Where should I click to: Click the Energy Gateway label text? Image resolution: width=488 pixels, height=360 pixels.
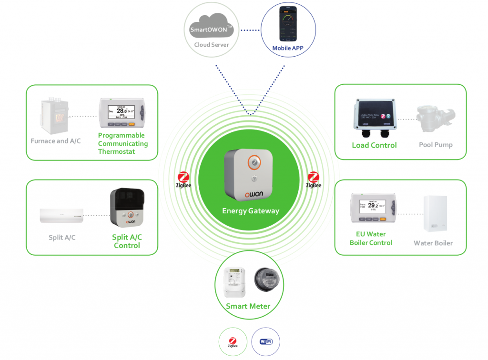[x=251, y=211]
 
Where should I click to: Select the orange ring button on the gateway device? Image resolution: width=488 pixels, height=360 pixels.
[x=254, y=163]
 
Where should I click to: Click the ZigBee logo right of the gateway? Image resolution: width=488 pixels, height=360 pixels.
[x=314, y=180]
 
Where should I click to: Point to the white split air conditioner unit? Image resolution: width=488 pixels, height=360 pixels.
[x=61, y=215]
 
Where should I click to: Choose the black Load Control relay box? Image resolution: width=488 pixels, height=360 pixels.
[x=374, y=115]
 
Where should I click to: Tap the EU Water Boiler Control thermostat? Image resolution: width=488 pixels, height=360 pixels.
[x=374, y=208]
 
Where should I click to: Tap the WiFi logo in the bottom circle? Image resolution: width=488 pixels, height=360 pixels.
[x=265, y=341]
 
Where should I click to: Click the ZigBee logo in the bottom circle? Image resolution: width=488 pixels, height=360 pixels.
[x=233, y=341]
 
